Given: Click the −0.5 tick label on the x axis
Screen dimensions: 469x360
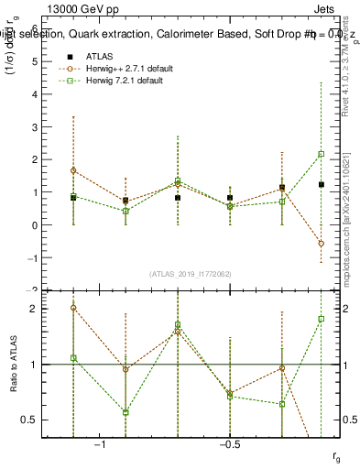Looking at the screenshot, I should (x=229, y=444).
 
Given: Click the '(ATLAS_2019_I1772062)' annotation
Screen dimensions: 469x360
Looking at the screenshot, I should (x=191, y=273).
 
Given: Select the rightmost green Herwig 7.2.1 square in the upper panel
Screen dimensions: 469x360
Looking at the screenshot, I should (x=321, y=154).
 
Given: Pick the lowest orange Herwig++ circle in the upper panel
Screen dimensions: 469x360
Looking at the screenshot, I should (x=321, y=244).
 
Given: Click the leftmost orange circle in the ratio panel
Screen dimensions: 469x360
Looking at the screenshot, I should (x=73, y=308).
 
